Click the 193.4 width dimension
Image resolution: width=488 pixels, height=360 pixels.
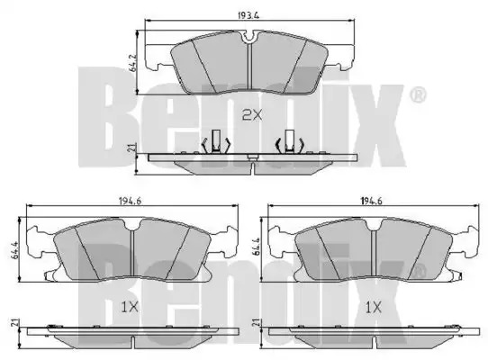(249, 15)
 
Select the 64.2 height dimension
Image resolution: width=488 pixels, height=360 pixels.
(133, 63)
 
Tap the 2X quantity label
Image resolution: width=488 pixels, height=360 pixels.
(252, 116)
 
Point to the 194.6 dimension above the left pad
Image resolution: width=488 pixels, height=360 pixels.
(130, 202)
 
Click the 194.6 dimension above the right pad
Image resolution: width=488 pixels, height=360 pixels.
(371, 202)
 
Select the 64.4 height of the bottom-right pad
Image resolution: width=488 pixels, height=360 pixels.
(258, 248)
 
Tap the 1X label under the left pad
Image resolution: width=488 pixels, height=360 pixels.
(129, 308)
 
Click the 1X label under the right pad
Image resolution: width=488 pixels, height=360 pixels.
(373, 308)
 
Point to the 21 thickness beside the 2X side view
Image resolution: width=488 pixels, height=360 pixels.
(132, 148)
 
